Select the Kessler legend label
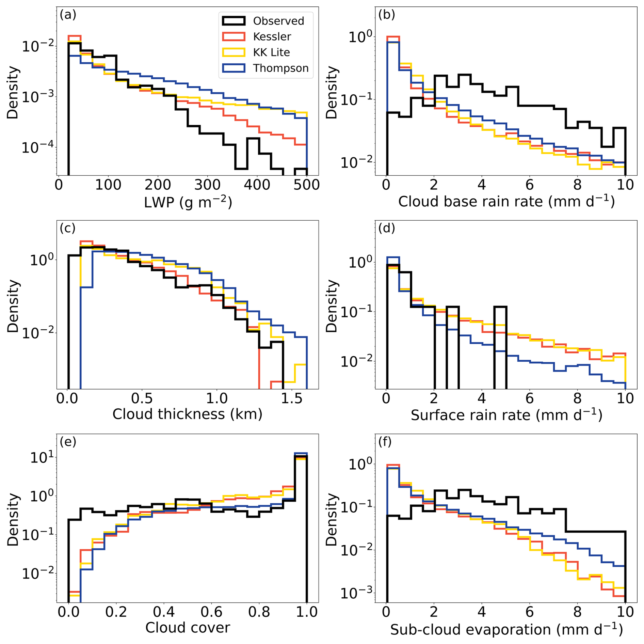pyautogui.click(x=272, y=37)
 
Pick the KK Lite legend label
pyautogui.click(x=271, y=52)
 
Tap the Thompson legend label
pyautogui.click(x=280, y=68)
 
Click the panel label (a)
pyautogui.click(x=68, y=15)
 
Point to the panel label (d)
pyautogui.click(x=387, y=228)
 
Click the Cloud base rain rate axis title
pyautogui.click(x=506, y=201)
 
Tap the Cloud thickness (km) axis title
pyautogui.click(x=188, y=414)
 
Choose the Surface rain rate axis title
pyautogui.click(x=506, y=415)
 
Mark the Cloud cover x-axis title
pyautogui.click(x=188, y=627)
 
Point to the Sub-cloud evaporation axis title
pyautogui.click(x=506, y=629)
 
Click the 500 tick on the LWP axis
pyautogui.click(x=307, y=185)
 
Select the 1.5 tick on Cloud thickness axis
pyautogui.click(x=291, y=398)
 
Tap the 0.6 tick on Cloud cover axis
pyautogui.click(x=211, y=612)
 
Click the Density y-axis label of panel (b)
pyautogui.click(x=331, y=92)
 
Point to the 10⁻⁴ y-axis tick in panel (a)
pyautogui.click(x=37, y=147)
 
